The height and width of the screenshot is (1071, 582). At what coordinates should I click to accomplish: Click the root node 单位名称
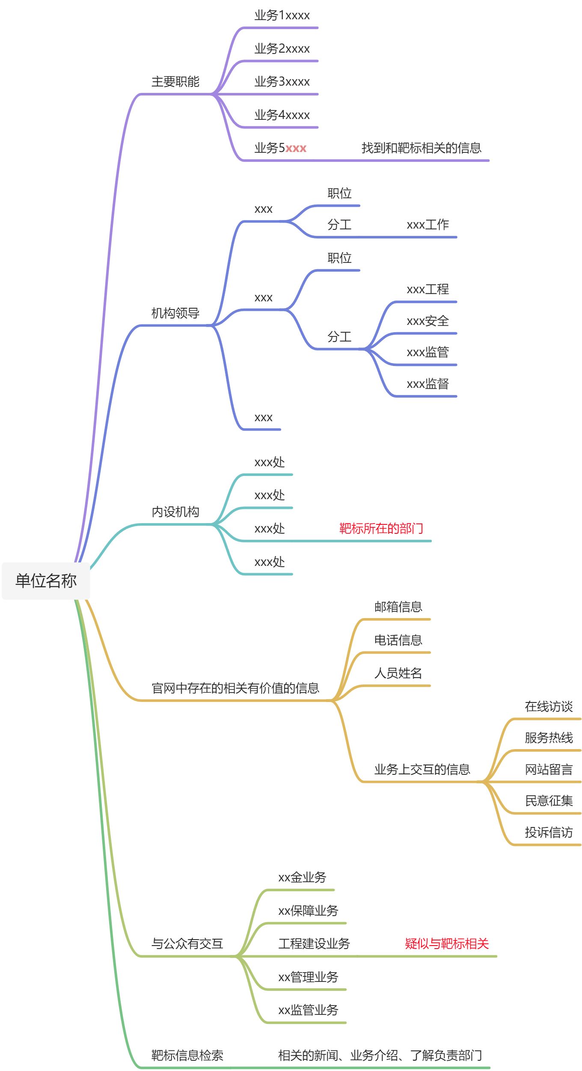(x=46, y=581)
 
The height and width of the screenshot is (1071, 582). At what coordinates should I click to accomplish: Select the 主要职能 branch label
(x=175, y=82)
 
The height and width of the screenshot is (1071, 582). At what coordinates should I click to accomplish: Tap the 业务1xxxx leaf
(x=282, y=16)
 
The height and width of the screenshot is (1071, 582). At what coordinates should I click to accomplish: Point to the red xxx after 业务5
(x=296, y=149)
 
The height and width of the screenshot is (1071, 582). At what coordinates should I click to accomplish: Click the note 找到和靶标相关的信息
(x=421, y=149)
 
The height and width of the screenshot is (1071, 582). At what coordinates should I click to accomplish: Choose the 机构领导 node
(x=175, y=313)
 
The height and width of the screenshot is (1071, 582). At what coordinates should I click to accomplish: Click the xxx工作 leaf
(x=428, y=225)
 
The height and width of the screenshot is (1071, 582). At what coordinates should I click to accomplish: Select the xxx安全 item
(x=428, y=321)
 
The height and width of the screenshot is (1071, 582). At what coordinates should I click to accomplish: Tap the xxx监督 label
(x=428, y=384)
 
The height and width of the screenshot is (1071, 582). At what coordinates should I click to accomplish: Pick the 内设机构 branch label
(x=175, y=512)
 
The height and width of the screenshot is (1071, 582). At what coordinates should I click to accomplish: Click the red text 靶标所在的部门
(x=381, y=529)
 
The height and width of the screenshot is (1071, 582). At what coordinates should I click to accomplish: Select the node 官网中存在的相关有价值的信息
(x=235, y=688)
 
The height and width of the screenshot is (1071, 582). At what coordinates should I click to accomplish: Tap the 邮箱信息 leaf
(x=398, y=607)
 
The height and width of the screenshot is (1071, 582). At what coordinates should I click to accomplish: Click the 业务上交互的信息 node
(x=422, y=770)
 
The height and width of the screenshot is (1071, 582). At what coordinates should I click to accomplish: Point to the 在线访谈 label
(x=549, y=707)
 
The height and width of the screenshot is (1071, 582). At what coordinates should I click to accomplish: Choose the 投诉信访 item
(x=549, y=833)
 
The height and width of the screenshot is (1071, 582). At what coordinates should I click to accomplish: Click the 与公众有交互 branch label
(x=187, y=944)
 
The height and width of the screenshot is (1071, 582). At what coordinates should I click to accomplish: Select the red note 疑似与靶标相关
(x=447, y=944)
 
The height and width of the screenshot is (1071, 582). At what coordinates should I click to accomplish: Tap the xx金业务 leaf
(x=302, y=878)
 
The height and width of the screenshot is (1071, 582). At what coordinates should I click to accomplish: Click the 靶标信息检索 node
(x=187, y=1056)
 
